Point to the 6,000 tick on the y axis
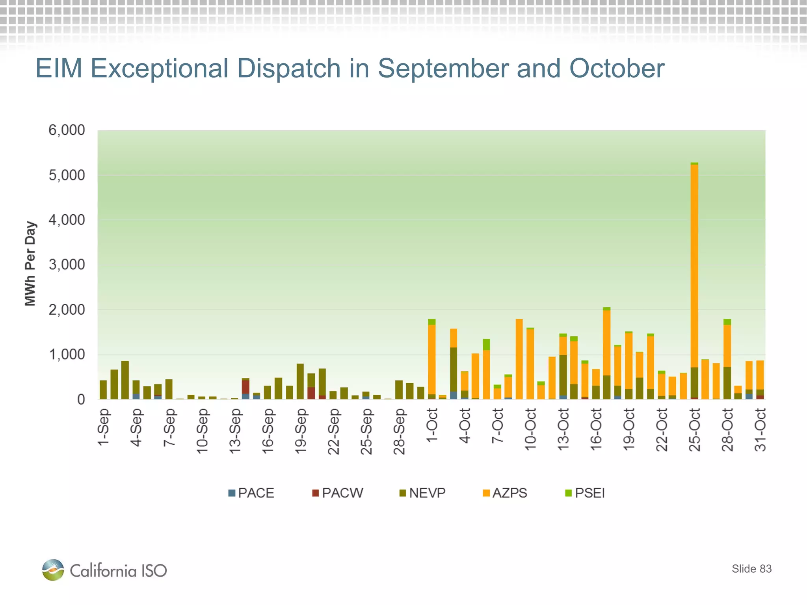67,130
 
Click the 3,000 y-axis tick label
67,265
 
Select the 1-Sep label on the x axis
103,427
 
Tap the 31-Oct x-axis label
760,429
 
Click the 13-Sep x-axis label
235,431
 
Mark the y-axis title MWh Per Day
30,263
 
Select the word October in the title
617,69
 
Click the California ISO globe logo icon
53,570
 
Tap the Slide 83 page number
751,569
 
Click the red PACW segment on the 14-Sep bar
245,387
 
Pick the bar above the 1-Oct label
432,358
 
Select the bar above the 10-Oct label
530,362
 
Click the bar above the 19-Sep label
300,381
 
